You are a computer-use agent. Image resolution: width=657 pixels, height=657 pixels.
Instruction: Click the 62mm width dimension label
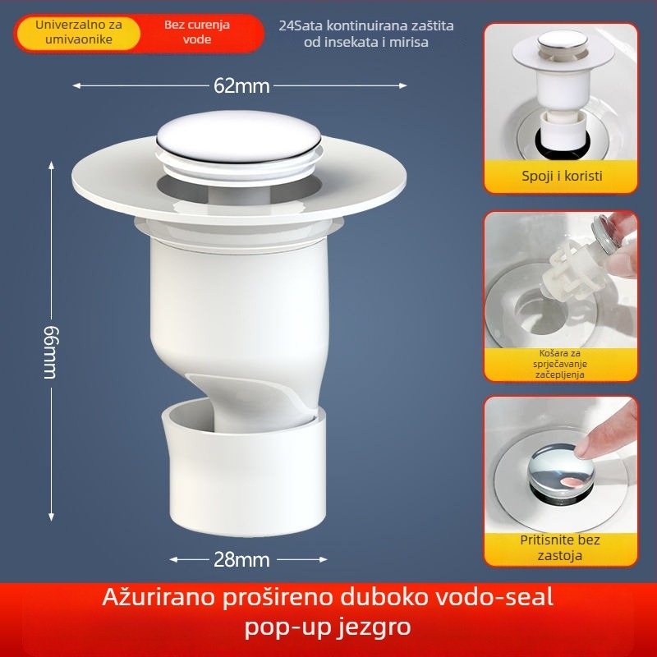coord(238,85)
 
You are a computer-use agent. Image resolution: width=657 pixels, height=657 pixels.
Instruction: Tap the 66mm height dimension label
coord(50,340)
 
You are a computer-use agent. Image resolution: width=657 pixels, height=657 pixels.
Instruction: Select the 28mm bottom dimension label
coord(241,560)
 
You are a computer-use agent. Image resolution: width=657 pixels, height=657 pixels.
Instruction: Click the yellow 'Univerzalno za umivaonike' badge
coord(79,32)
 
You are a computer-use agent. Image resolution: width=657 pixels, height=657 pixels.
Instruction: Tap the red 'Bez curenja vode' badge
coord(197,32)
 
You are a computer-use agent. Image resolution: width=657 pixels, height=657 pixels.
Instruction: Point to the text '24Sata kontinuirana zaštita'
coord(366,25)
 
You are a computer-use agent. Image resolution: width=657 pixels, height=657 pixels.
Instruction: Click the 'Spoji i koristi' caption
coord(561,176)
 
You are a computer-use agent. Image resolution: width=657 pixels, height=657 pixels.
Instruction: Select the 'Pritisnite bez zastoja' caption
coord(561,548)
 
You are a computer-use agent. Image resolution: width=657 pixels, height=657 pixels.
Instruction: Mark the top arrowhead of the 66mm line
coord(52,163)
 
